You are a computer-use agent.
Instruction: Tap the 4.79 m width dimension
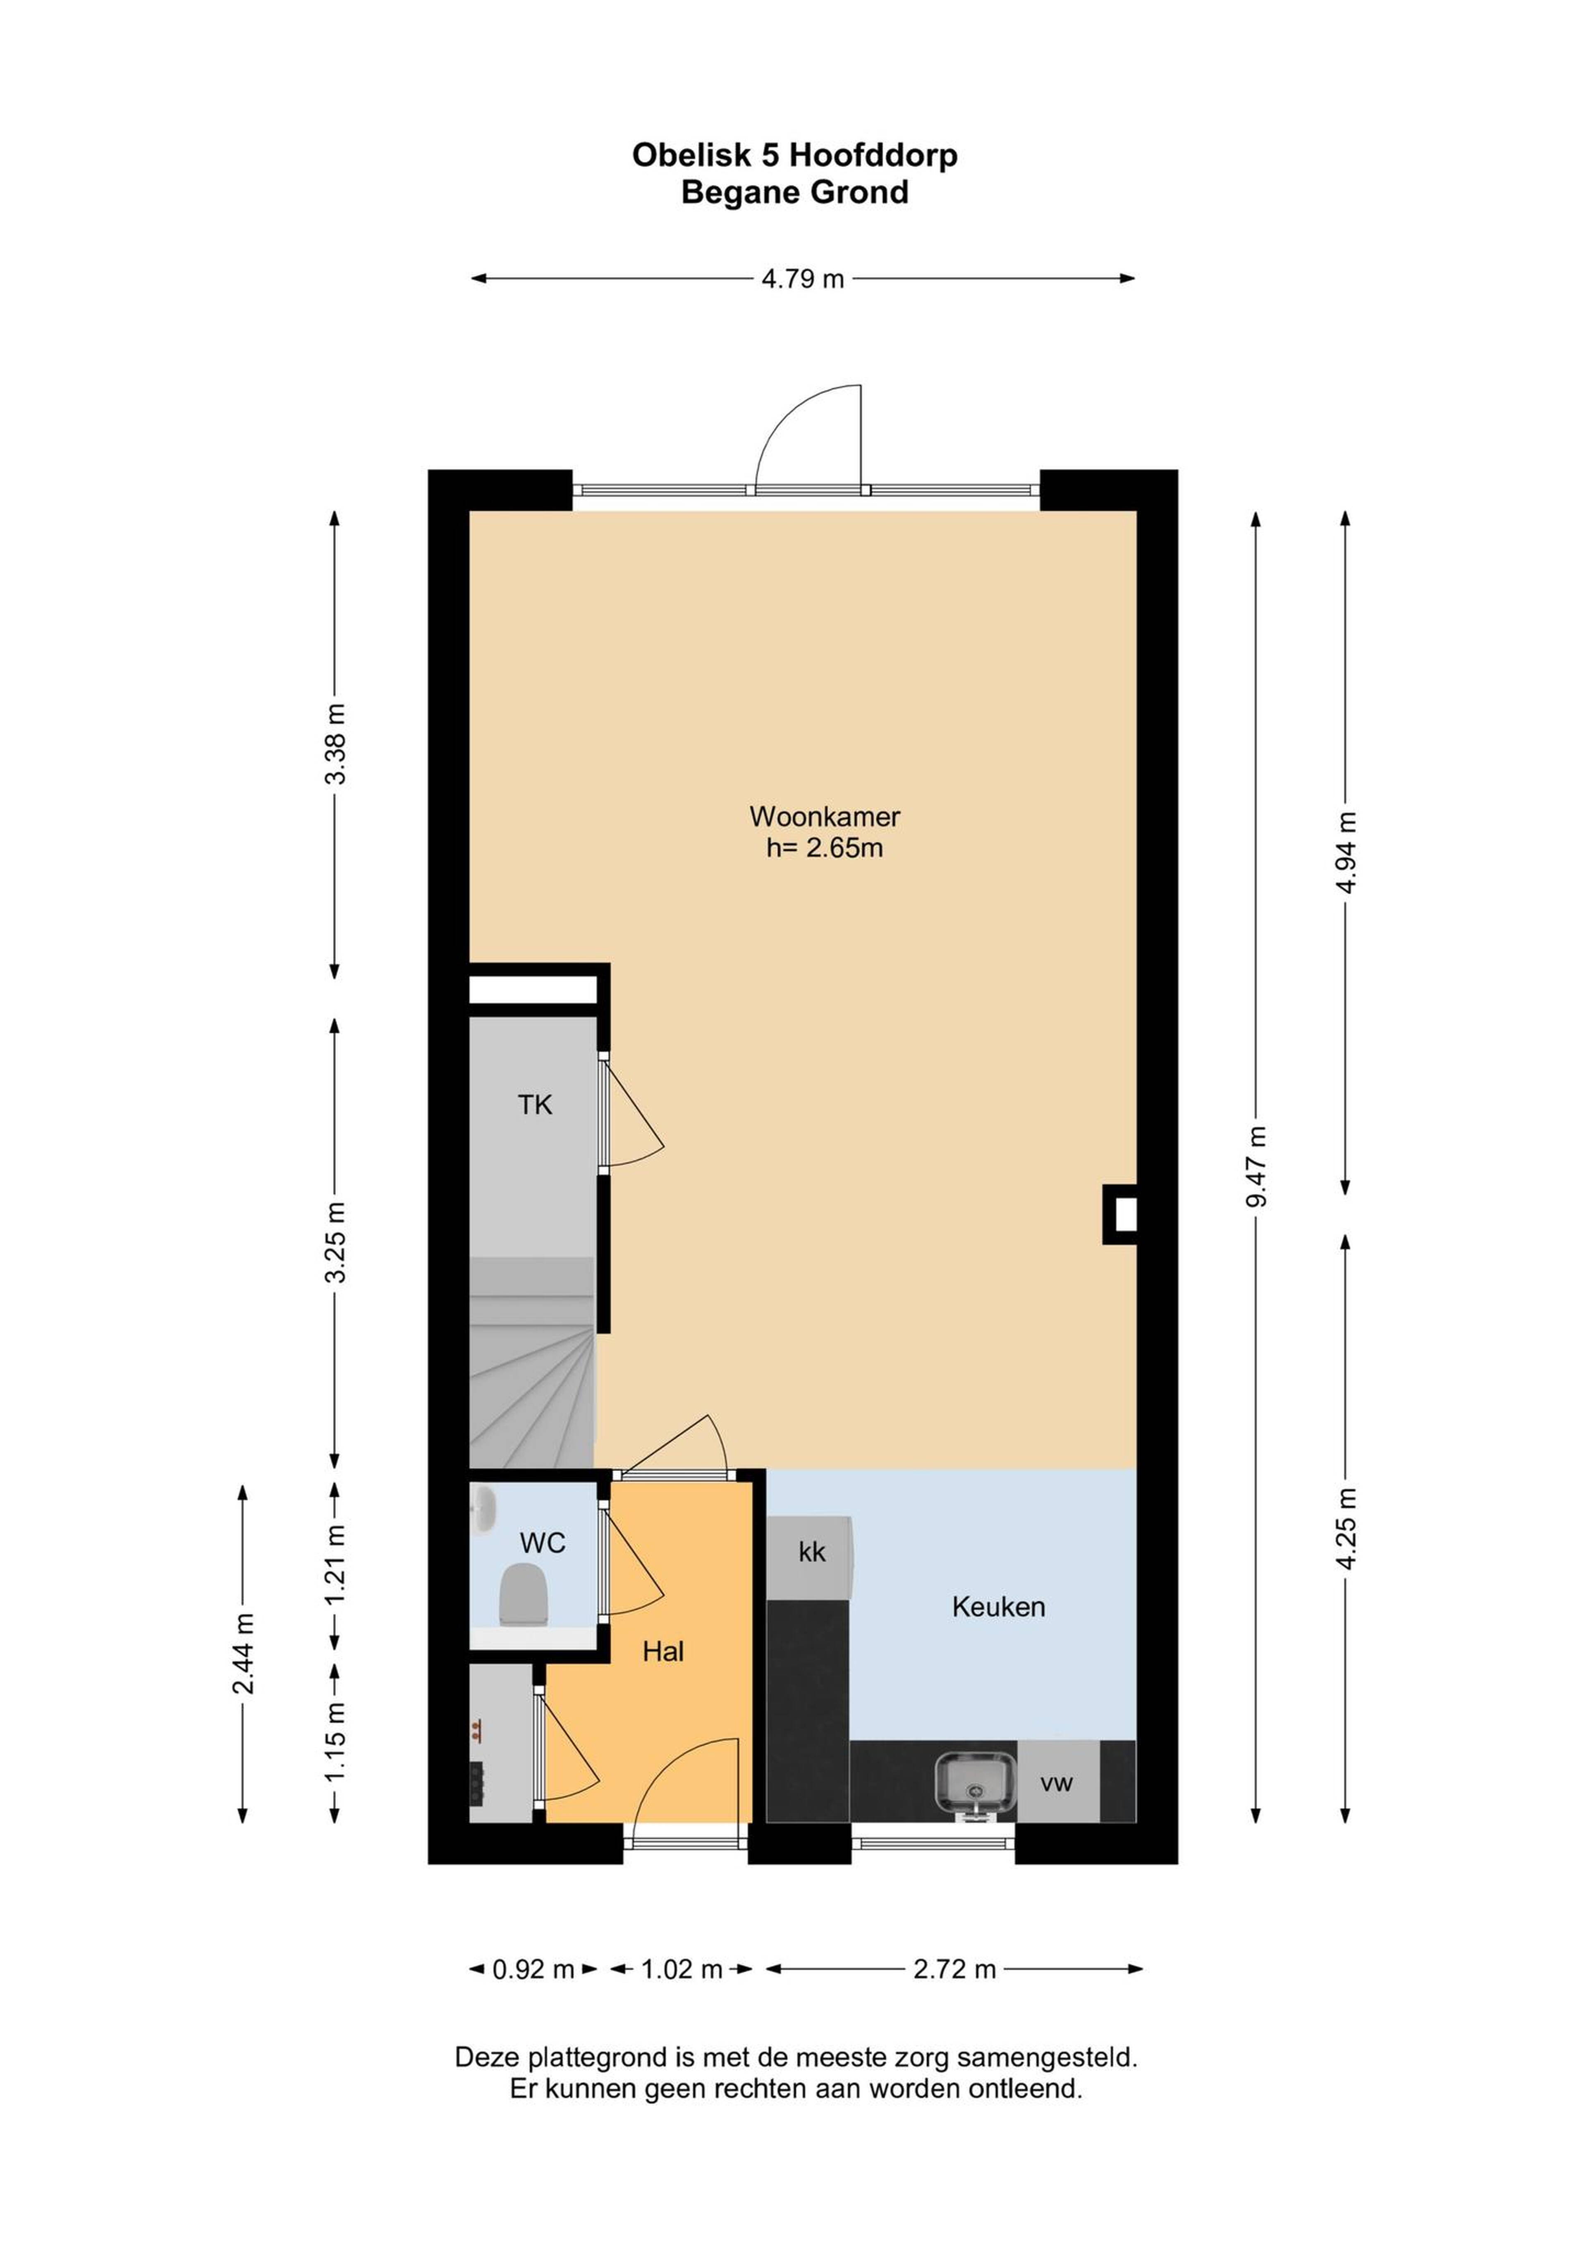click(x=802, y=279)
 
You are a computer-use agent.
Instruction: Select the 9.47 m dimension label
click(x=1256, y=1166)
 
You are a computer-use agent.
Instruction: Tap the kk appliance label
click(x=812, y=1552)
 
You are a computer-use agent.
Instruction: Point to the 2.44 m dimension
click(x=243, y=1653)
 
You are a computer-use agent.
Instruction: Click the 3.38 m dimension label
click(x=336, y=744)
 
